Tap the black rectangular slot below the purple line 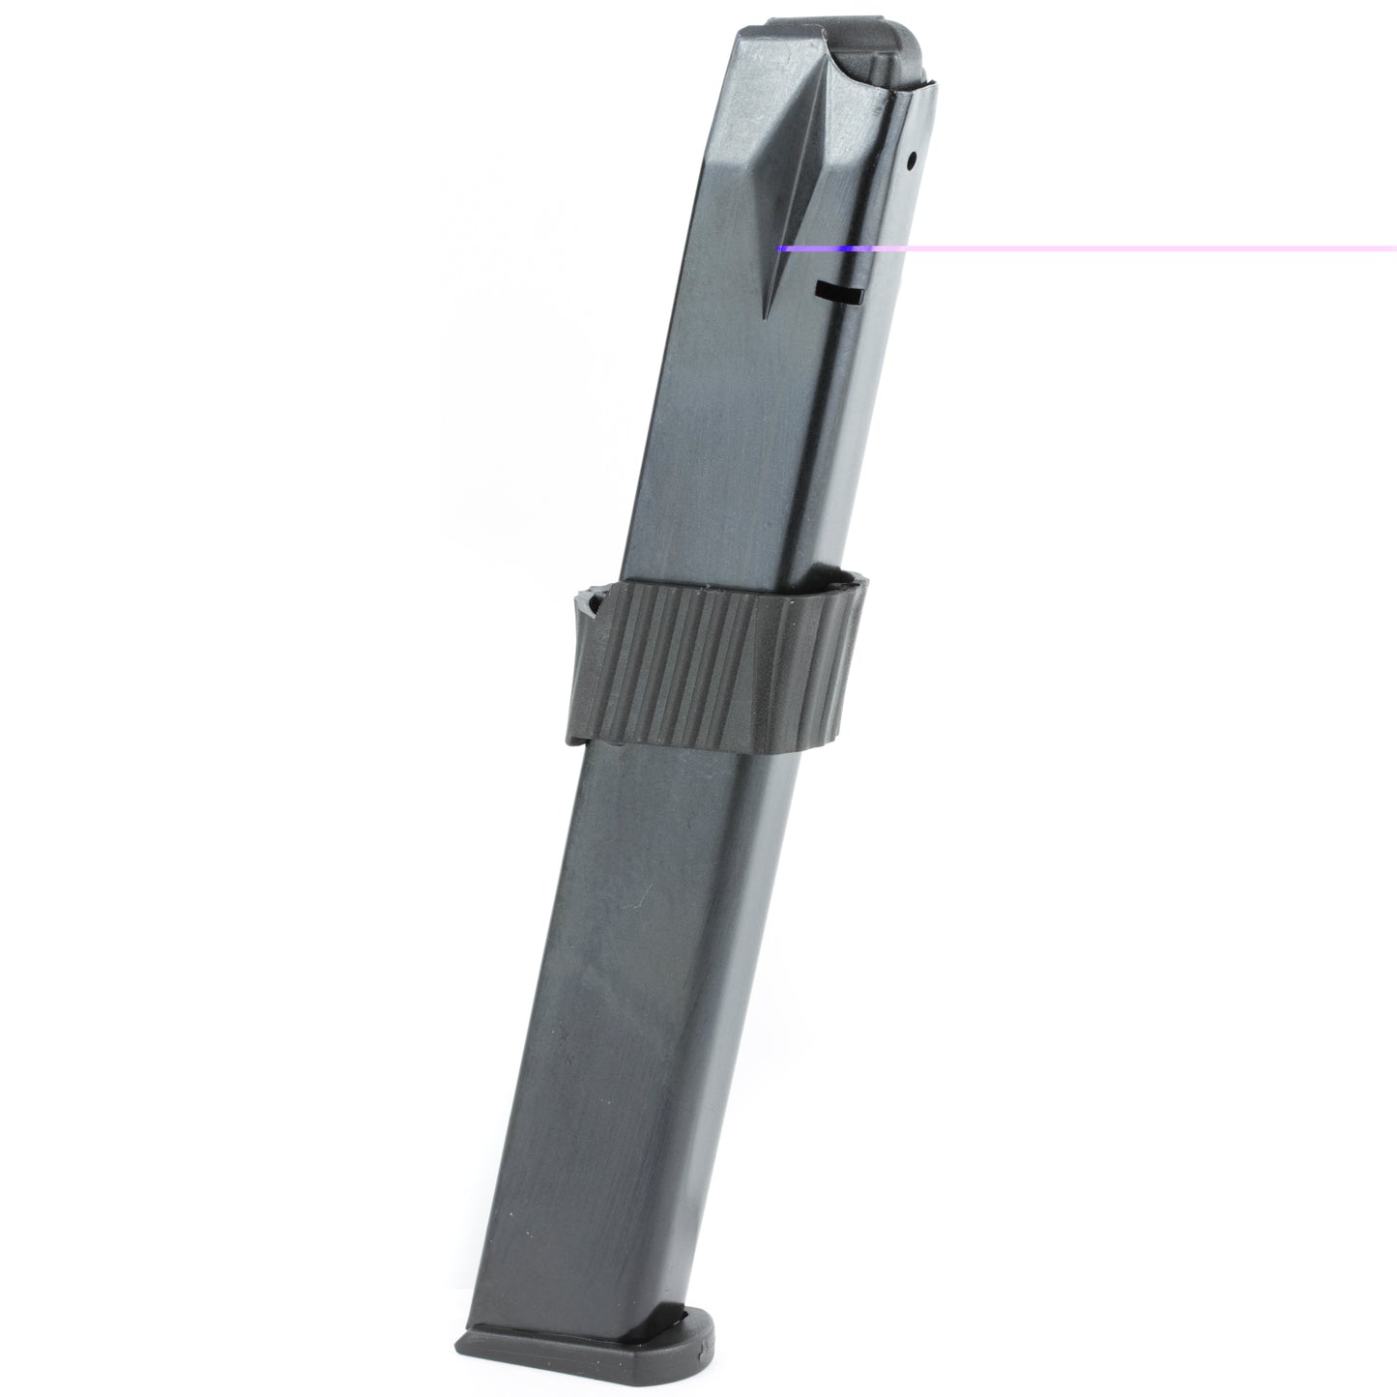pos(836,288)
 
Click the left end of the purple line pos(780,248)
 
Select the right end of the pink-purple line pos(1393,248)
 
